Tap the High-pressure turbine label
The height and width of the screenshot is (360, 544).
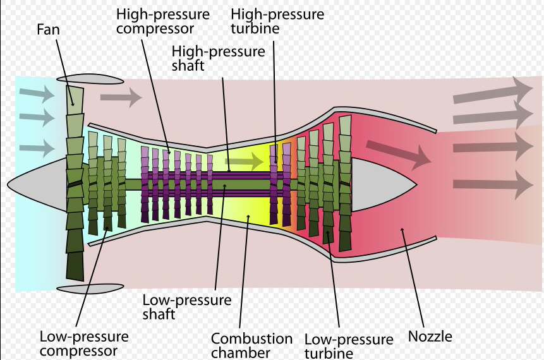point(277,21)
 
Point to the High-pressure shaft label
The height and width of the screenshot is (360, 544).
point(219,57)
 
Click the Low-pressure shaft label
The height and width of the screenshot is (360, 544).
point(186,306)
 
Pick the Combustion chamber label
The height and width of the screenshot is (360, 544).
point(251,345)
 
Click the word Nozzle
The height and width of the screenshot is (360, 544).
point(430,336)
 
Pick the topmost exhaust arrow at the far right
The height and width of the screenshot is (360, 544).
point(493,90)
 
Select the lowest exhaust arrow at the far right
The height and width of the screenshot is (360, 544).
point(493,185)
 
